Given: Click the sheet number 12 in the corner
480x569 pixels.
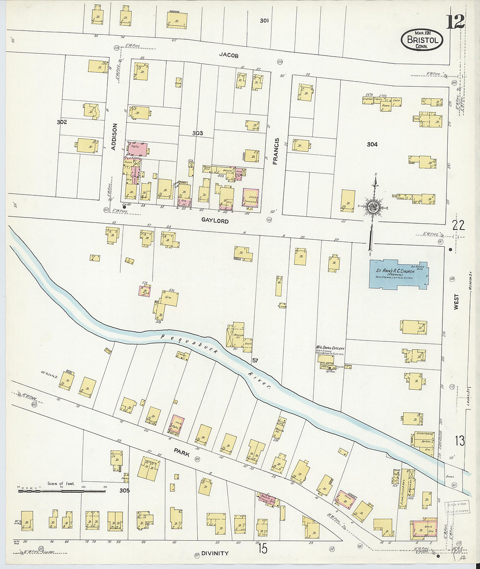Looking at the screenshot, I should pyautogui.click(x=455, y=21).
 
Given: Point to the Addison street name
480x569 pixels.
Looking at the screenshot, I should pyautogui.click(x=114, y=137).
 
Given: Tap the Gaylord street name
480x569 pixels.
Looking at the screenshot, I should pyautogui.click(x=215, y=221).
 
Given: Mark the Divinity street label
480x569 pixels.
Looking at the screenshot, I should pyautogui.click(x=215, y=553).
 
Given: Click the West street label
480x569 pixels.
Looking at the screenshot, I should pyautogui.click(x=456, y=301).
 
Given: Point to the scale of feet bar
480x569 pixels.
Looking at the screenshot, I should pyautogui.click(x=61, y=491).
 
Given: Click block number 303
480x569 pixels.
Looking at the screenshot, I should pyautogui.click(x=198, y=133).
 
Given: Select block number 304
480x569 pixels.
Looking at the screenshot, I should pyautogui.click(x=372, y=144).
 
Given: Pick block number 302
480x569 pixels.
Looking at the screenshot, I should pyautogui.click(x=62, y=122).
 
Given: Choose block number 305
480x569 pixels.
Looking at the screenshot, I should pyautogui.click(x=125, y=491).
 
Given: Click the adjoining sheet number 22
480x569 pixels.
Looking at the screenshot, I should pyautogui.click(x=458, y=225).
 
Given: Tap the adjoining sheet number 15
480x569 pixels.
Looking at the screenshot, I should pyautogui.click(x=262, y=549).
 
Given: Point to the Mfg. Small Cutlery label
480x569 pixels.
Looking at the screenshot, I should pyautogui.click(x=330, y=348).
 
